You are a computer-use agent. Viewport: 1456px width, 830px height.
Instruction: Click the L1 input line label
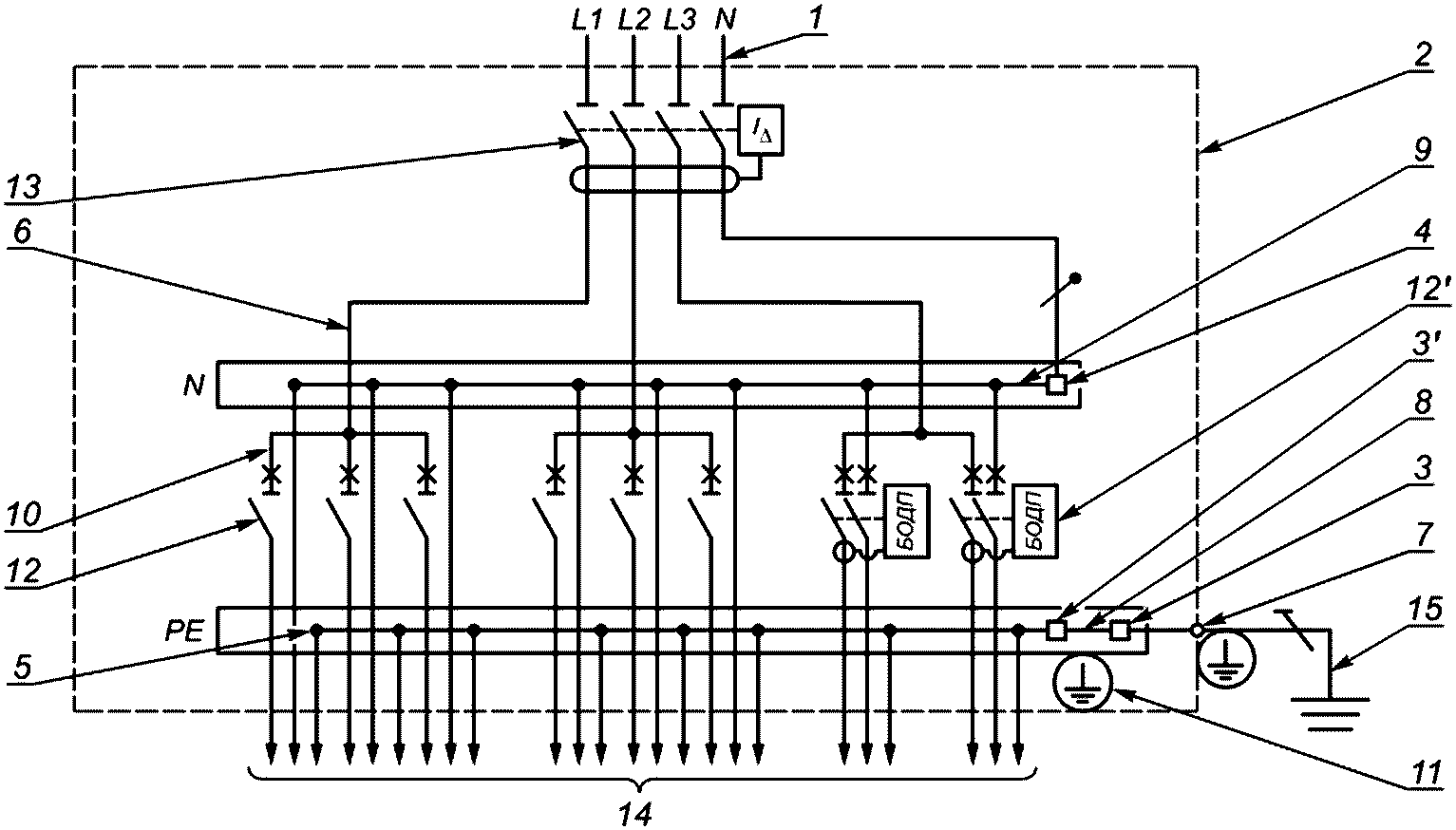[x=587, y=21]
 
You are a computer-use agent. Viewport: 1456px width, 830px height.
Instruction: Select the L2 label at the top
[x=633, y=21]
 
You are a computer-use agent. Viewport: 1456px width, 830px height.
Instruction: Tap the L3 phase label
[x=680, y=21]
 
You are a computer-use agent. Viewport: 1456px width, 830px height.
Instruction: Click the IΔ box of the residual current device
[x=761, y=130]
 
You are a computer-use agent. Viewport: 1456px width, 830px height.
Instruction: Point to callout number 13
[x=24, y=188]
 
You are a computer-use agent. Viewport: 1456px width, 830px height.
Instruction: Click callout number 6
[x=22, y=232]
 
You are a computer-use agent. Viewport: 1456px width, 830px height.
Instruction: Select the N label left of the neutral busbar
[x=194, y=387]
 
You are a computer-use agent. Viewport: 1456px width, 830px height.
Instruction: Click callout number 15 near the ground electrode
[x=1427, y=610]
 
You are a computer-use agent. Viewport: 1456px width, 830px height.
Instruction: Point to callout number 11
[x=1424, y=773]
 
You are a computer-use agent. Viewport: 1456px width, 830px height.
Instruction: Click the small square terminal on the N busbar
[x=1057, y=386]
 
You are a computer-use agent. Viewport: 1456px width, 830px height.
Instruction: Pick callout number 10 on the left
[x=24, y=516]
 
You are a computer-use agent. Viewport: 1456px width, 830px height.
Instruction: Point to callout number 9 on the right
[x=1423, y=150]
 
